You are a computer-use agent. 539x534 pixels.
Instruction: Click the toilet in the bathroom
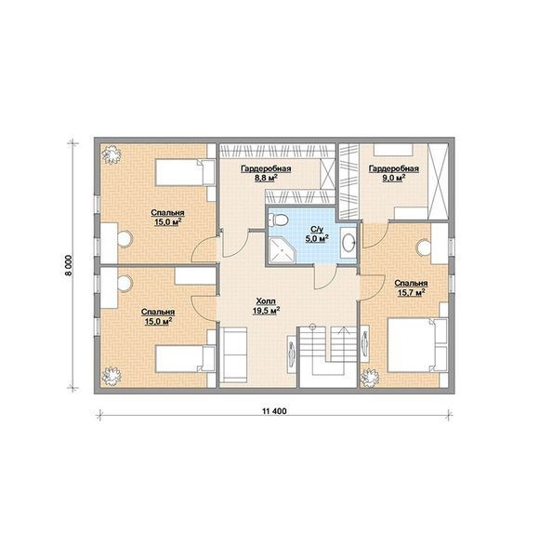tap(278, 220)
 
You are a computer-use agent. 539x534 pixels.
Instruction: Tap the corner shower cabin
tap(282, 250)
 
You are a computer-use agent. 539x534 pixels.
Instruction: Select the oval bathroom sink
tap(348, 242)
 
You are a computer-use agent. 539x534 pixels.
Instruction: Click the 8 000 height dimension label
tap(69, 265)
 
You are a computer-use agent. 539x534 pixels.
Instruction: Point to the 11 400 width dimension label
tap(274, 411)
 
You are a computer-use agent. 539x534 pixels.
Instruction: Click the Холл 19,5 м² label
tap(266, 306)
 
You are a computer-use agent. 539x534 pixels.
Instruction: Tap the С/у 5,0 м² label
tap(317, 234)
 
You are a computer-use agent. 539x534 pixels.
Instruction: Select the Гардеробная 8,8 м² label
tap(266, 173)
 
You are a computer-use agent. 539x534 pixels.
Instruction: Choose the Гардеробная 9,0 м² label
tap(394, 173)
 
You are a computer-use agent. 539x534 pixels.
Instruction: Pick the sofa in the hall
tap(233, 355)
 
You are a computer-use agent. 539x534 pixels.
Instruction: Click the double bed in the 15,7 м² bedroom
tap(418, 345)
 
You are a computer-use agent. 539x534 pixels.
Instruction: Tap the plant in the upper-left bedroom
tap(112, 154)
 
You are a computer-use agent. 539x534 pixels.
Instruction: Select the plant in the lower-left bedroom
tap(112, 376)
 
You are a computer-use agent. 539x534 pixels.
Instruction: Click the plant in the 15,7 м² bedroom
tap(369, 378)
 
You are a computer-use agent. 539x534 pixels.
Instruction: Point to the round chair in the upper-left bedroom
tap(125, 238)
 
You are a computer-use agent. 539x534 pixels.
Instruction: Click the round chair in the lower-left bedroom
tap(125, 283)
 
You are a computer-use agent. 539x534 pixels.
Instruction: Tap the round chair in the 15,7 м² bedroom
tap(424, 247)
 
